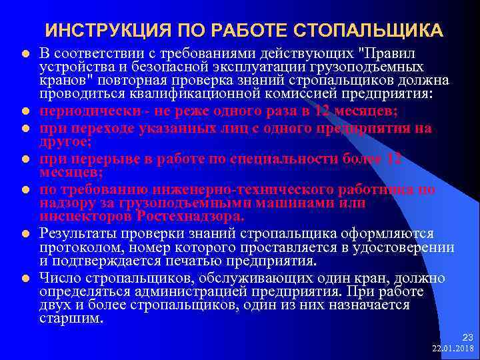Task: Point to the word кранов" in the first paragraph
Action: click(x=63, y=81)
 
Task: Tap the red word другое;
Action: click(x=64, y=141)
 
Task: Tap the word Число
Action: click(x=58, y=278)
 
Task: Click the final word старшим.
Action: click(x=71, y=319)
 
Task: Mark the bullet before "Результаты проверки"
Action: click(x=23, y=234)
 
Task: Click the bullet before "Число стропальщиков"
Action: click(x=23, y=278)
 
